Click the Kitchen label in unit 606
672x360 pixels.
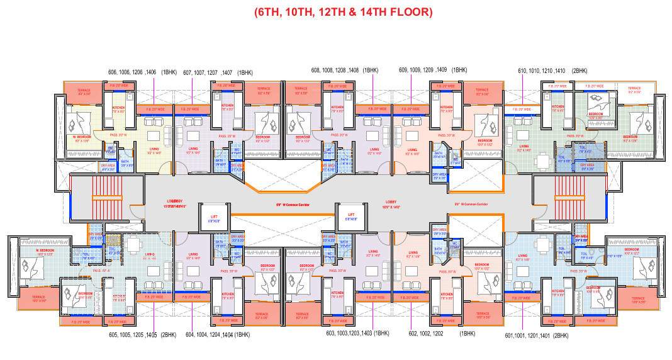[119, 108]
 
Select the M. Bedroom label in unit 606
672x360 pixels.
[82, 137]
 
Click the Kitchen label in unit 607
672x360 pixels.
[227, 108]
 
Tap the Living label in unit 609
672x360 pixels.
[412, 151]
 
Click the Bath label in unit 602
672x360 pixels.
[438, 249]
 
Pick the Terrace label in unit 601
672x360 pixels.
[636, 300]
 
